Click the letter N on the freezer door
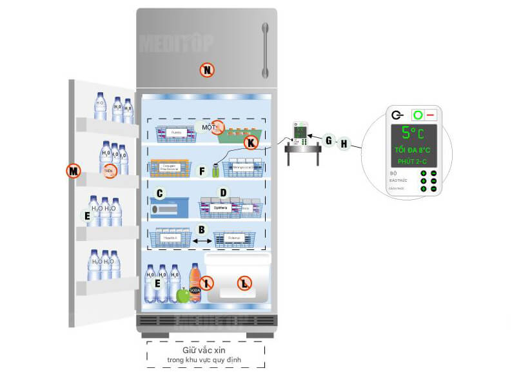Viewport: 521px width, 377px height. (206, 70)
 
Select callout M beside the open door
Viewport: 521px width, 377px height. (74, 171)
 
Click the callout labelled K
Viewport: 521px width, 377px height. (250, 142)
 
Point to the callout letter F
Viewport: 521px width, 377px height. (202, 171)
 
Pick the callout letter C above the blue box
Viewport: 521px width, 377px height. (160, 192)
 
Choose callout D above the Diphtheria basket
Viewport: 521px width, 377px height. (223, 192)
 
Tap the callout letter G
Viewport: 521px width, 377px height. (329, 140)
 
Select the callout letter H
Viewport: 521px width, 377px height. (344, 144)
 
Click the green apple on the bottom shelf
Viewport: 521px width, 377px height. (184, 295)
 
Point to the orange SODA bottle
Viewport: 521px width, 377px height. (195, 284)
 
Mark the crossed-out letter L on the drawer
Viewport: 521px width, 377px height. (244, 282)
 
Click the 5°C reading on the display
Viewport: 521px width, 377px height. (412, 133)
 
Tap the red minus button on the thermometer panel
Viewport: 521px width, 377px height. (429, 115)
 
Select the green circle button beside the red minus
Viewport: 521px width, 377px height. (417, 115)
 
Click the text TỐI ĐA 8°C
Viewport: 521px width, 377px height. (413, 150)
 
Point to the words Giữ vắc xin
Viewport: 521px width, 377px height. (205, 351)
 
